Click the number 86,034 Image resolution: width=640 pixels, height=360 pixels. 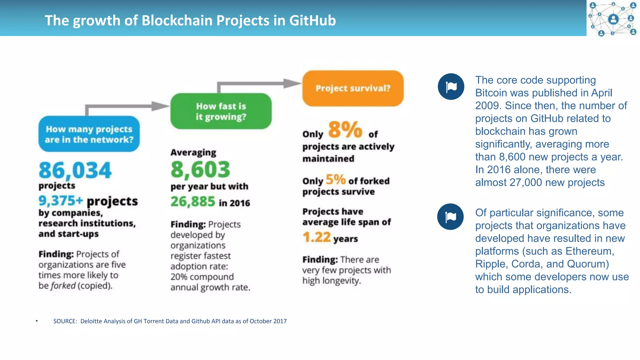[75, 170]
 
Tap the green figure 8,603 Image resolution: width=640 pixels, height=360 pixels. [200, 169]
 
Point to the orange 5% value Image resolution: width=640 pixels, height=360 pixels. [335, 180]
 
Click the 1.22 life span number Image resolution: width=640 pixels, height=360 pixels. [317, 237]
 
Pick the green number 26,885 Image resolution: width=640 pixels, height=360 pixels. [193, 202]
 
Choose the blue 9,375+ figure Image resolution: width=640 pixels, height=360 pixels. [61, 201]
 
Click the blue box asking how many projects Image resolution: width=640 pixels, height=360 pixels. [89, 134]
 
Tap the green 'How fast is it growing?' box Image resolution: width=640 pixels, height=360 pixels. [221, 111]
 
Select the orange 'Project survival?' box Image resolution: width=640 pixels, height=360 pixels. [353, 88]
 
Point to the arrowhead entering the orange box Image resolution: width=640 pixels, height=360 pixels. [292, 83]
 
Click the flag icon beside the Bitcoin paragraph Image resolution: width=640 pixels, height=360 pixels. [451, 87]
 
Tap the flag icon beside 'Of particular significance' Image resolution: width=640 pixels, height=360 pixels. [450, 217]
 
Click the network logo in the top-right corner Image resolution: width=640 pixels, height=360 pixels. [613, 18]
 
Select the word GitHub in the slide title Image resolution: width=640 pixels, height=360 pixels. [312, 21]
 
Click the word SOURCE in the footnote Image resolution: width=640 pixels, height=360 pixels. [65, 321]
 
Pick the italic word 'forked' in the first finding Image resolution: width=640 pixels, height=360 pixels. [63, 286]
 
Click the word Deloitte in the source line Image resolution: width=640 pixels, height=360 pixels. [91, 321]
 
